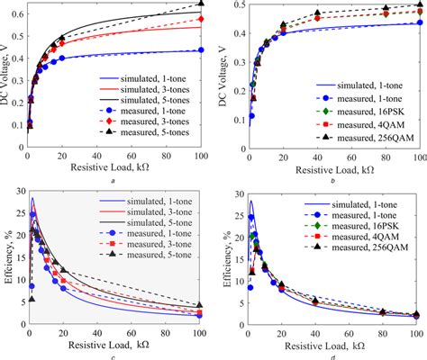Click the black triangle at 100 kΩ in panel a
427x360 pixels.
click(x=201, y=4)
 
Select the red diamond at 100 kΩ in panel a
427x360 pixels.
click(x=201, y=19)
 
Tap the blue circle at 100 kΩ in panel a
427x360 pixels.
click(x=201, y=50)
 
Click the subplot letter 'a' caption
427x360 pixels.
click(x=112, y=181)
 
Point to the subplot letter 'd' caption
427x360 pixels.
click(x=332, y=356)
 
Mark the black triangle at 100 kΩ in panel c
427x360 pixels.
click(x=201, y=305)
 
